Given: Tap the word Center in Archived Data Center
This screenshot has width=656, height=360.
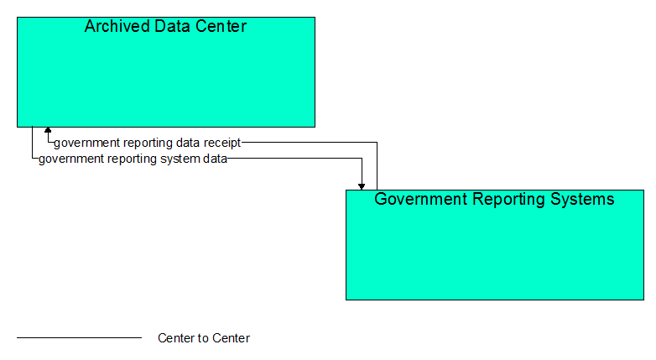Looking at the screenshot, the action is (x=221, y=26).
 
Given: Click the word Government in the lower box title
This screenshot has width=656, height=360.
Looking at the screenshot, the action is (x=421, y=199).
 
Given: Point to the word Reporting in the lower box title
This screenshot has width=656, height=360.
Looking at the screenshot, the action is (x=509, y=200).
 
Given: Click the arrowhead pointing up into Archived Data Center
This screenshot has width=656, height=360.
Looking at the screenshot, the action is (x=48, y=130).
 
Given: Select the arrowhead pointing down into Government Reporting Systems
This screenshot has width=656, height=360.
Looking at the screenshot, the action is (x=362, y=186).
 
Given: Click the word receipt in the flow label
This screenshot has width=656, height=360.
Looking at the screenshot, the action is (x=222, y=143).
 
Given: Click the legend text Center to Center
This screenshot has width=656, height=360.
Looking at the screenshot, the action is (x=204, y=338).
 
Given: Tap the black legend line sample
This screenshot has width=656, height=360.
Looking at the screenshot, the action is (x=80, y=337).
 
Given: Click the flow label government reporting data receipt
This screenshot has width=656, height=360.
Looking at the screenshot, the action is (x=148, y=143).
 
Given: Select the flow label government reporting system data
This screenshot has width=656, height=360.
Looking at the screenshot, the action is (x=133, y=159).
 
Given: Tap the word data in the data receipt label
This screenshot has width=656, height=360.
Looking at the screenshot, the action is (x=188, y=143).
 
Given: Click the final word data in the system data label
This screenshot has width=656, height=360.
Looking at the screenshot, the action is (x=215, y=159).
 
